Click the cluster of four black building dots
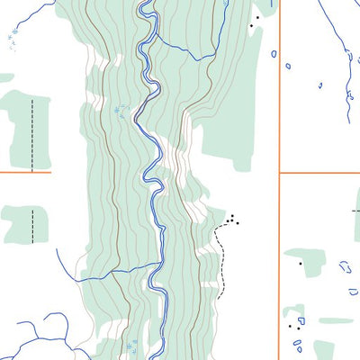(233, 219)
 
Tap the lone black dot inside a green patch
(300, 264)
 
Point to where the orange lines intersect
(280, 173)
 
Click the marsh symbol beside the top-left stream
(13, 35)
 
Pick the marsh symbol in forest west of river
(121, 112)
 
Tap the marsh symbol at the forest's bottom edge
(133, 346)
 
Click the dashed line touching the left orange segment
(32, 135)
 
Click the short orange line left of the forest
(25, 173)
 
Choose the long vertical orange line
(280, 90)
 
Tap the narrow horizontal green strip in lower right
(335, 320)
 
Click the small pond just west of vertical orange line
(274, 54)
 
